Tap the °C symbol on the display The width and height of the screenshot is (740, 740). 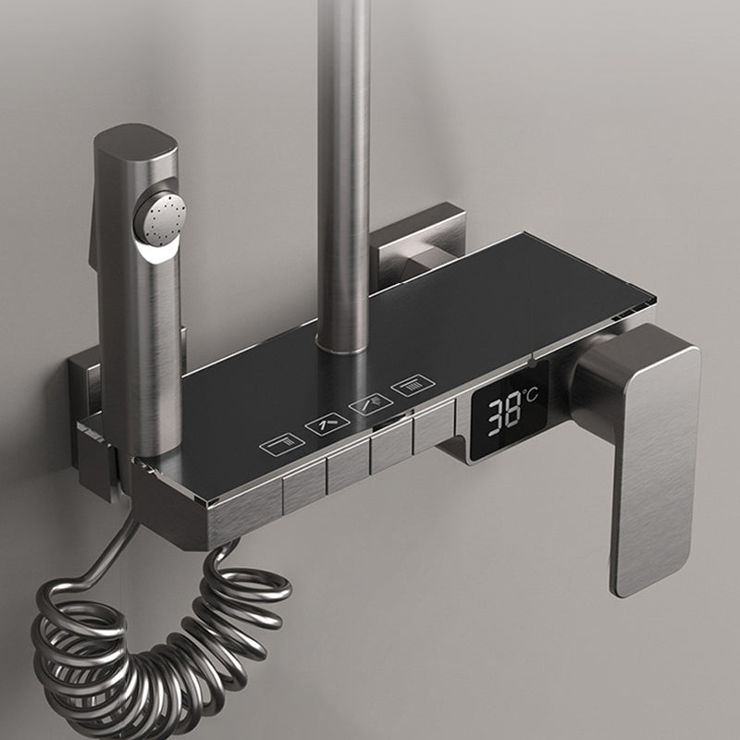[x=530, y=397]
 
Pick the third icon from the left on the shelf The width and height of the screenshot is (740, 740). [x=364, y=404]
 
